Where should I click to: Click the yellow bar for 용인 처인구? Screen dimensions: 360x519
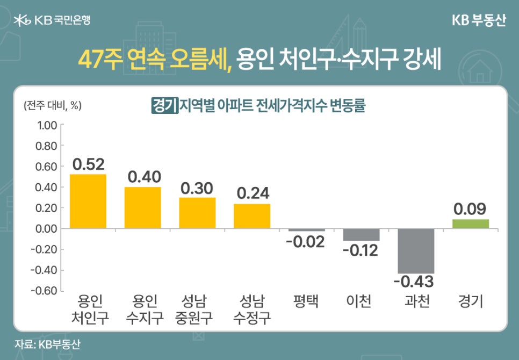tap(88, 201)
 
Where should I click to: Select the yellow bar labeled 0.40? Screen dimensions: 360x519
tap(142, 207)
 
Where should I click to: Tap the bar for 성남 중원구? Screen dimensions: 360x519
tap(197, 213)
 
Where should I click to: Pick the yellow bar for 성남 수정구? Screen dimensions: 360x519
tap(251, 216)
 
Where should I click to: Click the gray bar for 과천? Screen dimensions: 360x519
tap(415, 251)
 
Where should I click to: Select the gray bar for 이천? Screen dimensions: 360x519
tap(361, 234)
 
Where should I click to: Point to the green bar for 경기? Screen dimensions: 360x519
tap(470, 224)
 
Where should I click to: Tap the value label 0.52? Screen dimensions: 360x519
tap(88, 164)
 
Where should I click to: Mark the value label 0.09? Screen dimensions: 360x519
tap(470, 208)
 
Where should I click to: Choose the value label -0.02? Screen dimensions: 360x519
tap(306, 241)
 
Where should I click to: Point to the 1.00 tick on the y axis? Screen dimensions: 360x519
tap(46, 125)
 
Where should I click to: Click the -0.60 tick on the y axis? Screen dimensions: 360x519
tap(45, 291)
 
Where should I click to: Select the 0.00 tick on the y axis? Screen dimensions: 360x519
tap(46, 229)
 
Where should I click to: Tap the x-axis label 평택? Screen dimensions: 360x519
tap(306, 301)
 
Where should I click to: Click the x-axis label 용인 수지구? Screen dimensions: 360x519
tap(143, 309)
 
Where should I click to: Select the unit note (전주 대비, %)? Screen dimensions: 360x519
tap(52, 105)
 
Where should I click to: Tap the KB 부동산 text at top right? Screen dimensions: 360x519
tap(478, 20)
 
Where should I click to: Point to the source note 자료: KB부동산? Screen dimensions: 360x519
tap(47, 344)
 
